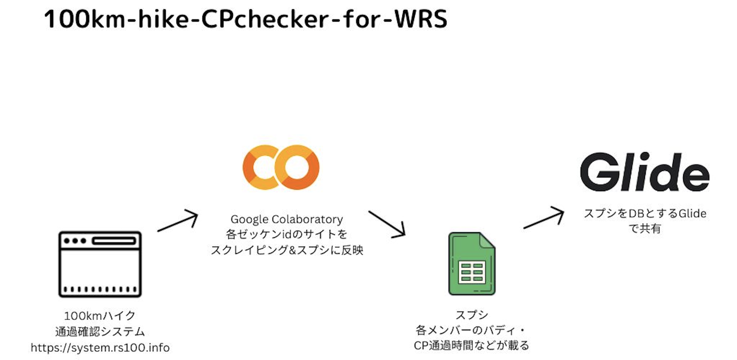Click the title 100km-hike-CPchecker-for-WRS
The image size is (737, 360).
246,19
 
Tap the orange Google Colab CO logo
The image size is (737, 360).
281,167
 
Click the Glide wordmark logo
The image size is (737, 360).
644,172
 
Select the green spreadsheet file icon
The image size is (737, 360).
471,264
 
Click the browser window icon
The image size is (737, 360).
100,264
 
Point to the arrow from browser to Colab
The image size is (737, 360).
178,221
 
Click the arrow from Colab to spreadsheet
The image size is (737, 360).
387,224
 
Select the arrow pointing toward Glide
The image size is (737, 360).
544,218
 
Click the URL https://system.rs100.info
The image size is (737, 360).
100,348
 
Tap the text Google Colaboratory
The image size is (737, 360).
287,219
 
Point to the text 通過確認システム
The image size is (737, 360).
100,332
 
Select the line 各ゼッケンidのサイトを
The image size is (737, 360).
287,234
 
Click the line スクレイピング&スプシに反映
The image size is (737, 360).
287,250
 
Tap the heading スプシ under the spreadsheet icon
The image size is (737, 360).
471,315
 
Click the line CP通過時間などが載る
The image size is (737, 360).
471,346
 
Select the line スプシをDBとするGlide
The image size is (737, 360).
645,213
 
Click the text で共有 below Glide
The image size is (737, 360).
645,229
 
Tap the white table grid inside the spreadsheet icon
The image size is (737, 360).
472,272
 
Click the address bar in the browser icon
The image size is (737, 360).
114,241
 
